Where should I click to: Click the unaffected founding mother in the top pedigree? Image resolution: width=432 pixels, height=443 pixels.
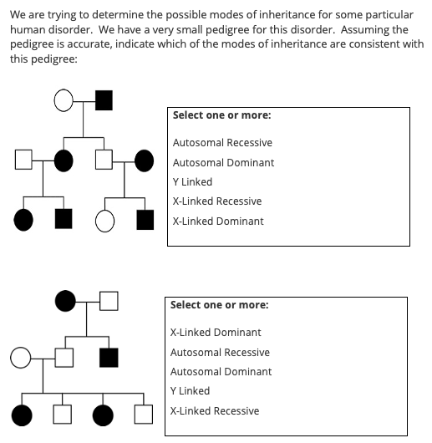(x=64, y=102)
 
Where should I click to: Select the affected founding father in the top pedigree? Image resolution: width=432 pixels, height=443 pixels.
(x=104, y=102)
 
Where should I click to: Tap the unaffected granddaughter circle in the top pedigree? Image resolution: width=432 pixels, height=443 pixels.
(x=104, y=221)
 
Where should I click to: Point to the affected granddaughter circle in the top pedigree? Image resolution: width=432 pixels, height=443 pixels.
(x=24, y=221)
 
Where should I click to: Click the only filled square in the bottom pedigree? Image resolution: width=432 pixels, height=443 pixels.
(x=109, y=359)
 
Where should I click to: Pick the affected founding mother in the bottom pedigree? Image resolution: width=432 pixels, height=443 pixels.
(x=64, y=299)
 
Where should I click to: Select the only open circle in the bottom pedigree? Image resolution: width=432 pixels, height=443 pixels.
(x=21, y=359)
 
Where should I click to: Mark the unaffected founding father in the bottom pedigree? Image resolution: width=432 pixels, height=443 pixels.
(x=109, y=299)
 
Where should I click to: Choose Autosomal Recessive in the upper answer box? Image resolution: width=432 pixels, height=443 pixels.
(x=222, y=143)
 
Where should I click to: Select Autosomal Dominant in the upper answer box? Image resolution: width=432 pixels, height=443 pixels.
(x=223, y=163)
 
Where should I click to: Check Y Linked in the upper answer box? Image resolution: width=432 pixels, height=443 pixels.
(x=192, y=182)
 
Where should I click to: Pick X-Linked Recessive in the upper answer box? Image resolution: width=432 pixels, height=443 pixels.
(x=217, y=201)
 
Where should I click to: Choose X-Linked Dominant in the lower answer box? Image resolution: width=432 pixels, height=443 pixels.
(x=216, y=333)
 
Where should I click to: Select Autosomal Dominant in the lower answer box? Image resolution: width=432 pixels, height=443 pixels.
(x=221, y=372)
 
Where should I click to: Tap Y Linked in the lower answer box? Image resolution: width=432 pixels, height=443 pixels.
(x=190, y=391)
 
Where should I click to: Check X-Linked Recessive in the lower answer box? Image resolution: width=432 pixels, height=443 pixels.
(x=215, y=411)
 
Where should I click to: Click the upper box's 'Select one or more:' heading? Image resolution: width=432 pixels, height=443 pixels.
(x=221, y=116)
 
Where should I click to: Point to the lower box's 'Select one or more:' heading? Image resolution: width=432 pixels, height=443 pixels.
(x=219, y=305)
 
